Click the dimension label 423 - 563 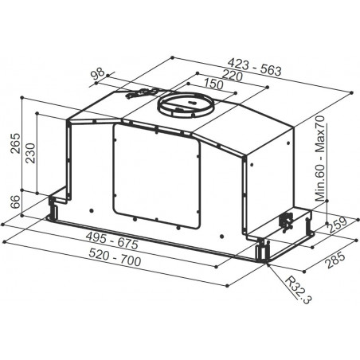255,67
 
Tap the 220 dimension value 233,75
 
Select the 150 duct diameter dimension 213,84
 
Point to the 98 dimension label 97,73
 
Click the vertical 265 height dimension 15,143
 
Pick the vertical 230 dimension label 30,153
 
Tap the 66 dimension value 15,202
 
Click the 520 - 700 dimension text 115,257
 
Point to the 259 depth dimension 336,225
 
